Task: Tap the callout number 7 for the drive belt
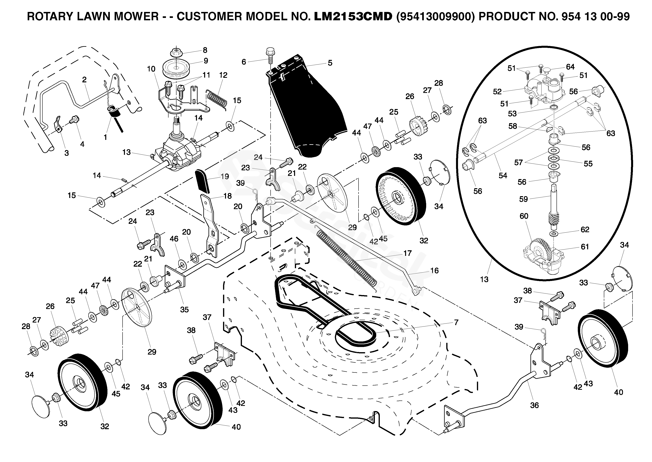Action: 456,323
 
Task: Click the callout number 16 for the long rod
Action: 434,271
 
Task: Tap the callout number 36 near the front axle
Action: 534,405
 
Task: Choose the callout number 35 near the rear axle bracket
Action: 184,310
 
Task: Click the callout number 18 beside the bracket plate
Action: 228,196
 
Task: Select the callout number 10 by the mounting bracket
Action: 151,69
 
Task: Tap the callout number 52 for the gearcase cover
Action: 497,92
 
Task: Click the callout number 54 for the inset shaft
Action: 503,175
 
